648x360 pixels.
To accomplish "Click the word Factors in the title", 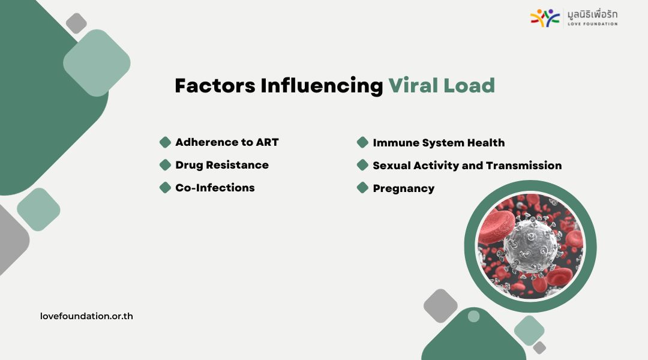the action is [215, 86].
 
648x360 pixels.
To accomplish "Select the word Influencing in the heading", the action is [322, 86].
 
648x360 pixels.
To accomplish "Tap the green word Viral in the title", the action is [413, 86].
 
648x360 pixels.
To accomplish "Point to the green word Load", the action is [469, 86].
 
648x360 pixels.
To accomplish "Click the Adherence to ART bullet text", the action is [227, 142].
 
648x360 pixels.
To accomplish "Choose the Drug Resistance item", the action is [222, 165].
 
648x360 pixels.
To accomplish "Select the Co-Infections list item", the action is [215, 188].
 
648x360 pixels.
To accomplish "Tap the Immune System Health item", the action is [439, 143].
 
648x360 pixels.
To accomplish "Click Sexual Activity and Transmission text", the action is [467, 166].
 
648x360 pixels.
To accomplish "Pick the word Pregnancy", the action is [403, 189].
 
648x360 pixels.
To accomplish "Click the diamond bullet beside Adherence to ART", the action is [166, 142].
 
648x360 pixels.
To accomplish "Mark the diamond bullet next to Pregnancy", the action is [362, 188].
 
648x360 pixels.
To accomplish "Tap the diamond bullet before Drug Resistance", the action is [166, 165].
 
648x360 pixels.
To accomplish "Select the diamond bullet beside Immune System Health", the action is [362, 142].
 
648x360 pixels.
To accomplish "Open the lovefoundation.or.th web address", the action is [86, 316].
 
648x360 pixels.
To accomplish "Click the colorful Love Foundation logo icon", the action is [545, 18].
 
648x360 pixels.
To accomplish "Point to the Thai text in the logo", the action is [592, 14].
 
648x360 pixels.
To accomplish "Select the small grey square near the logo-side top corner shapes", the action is [76, 23].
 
